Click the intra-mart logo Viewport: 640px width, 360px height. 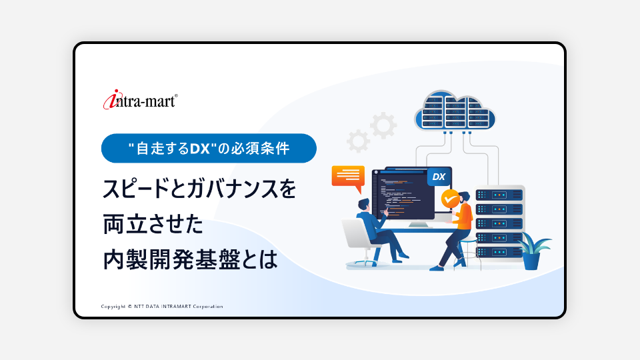[x=140, y=99]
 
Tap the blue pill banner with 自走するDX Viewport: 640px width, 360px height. [x=209, y=148]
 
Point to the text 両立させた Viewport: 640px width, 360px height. [x=153, y=224]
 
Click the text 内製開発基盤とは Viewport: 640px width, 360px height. [x=190, y=259]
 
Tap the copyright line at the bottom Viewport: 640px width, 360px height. [x=162, y=307]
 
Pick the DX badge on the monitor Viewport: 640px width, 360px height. [x=439, y=177]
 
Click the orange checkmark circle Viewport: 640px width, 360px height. [x=450, y=199]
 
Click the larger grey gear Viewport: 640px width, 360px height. [x=383, y=125]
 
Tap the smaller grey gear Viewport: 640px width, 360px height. [x=358, y=141]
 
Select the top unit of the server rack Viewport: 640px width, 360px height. [x=499, y=195]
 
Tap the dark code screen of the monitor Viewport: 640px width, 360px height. [x=404, y=195]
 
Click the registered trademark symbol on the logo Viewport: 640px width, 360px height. [x=176, y=96]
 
